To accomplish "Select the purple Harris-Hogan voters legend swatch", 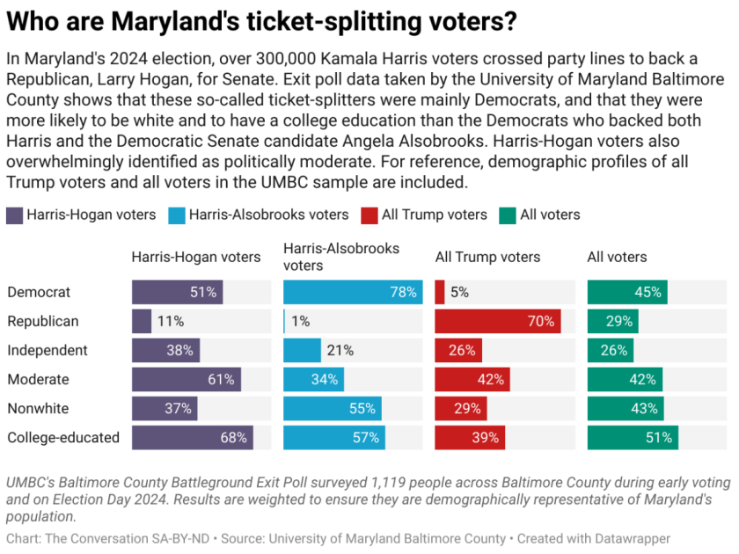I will coord(15,215).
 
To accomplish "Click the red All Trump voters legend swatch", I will coord(369,215).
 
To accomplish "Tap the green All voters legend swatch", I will coord(508,215).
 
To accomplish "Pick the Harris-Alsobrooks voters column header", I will coord(340,257).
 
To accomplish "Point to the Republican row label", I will coord(42,321).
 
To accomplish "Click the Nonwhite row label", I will coord(37,408).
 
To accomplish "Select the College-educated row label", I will coord(62,437).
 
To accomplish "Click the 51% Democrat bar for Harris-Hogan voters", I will coord(177,292).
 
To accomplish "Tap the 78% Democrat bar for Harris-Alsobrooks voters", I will coord(342,292).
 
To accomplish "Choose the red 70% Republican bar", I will coord(497,321).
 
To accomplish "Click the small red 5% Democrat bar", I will coord(440,292).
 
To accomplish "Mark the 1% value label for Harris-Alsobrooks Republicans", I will coord(301,322).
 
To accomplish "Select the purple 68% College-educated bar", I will coord(192,437).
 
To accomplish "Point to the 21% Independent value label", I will coord(340,351).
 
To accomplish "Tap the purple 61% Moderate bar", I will coord(186,379).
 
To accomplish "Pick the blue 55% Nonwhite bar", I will coord(332,408).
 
